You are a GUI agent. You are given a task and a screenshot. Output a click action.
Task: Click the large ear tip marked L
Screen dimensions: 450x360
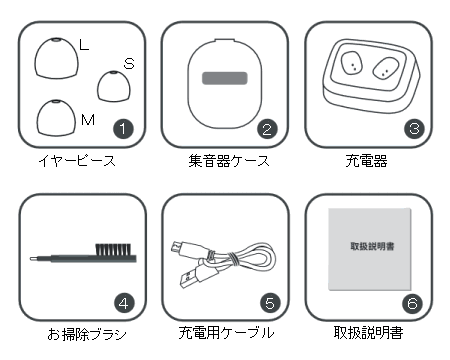[57, 58]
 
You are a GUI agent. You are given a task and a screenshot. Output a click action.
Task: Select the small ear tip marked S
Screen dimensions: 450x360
[114, 86]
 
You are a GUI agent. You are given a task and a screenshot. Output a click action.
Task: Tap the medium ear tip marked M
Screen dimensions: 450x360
[56, 118]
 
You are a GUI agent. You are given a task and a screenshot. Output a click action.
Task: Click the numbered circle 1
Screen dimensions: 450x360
[123, 129]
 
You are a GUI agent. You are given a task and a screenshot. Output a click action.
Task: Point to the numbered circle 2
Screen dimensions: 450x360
[267, 129]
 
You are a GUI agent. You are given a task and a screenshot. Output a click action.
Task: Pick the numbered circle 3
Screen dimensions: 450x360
[414, 128]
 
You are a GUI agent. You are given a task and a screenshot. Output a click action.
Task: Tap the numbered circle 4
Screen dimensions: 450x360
[124, 303]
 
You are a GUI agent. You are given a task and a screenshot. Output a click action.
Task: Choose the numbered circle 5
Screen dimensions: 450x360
[270, 303]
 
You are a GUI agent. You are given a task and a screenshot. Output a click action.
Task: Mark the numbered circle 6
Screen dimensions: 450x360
[412, 303]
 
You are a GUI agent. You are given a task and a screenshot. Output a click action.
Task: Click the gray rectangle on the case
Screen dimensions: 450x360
[225, 78]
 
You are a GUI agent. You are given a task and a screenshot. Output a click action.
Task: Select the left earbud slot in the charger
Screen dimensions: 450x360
[352, 62]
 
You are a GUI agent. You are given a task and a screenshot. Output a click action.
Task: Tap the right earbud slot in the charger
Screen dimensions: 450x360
[386, 68]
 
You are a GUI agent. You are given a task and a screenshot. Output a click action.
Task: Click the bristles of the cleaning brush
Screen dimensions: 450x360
[113, 249]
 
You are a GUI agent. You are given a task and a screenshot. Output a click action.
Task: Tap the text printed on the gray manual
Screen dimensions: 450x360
[372, 246]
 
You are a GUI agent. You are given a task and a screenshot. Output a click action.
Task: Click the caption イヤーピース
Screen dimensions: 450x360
[77, 161]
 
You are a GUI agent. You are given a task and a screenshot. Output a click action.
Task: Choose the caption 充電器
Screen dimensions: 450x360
[366, 161]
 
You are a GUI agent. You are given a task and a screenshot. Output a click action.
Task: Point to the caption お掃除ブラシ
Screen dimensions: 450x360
[87, 334]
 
